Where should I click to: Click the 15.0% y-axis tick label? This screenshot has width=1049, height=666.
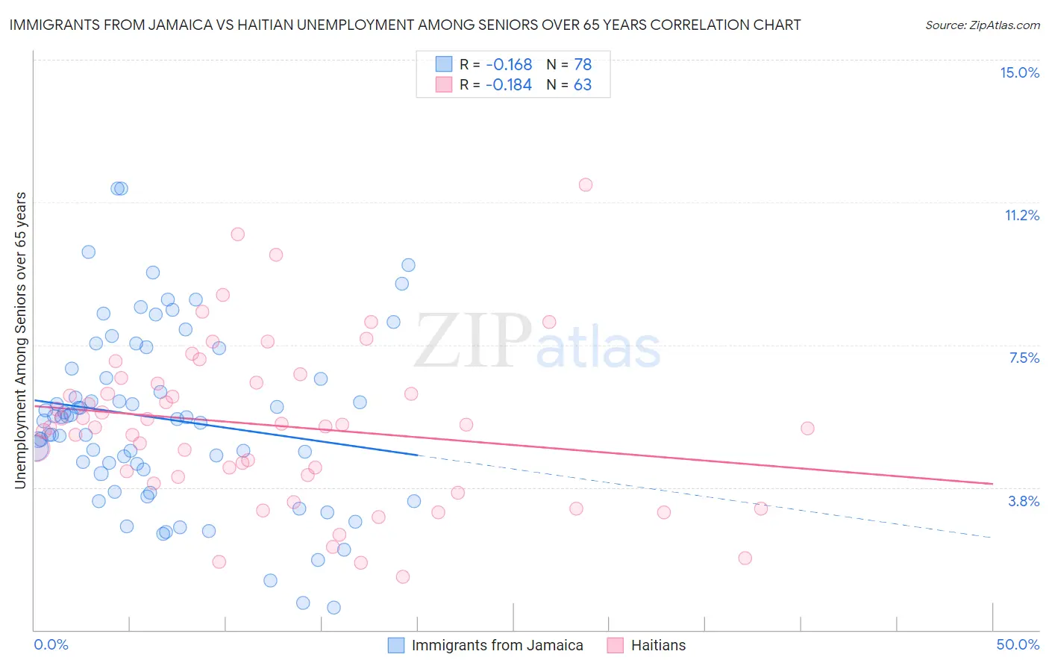[x=1019, y=72]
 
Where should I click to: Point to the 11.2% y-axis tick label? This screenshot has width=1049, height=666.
[x=1021, y=215]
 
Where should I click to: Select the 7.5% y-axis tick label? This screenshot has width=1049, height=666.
[x=1024, y=358]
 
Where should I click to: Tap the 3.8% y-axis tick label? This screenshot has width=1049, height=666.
[x=1024, y=501]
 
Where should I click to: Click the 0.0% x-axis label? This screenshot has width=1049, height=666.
[x=51, y=644]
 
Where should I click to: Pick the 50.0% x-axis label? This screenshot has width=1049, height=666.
[x=1018, y=644]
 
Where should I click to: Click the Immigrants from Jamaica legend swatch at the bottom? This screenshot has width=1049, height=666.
[x=396, y=645]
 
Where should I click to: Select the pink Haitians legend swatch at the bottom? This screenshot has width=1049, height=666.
[x=616, y=645]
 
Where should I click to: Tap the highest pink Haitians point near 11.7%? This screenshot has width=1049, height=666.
[x=586, y=184]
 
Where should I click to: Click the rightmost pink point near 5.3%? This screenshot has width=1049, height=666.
[x=807, y=428]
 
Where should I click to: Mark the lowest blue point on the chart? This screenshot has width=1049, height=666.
[x=334, y=608]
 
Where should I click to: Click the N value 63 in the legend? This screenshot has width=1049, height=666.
[x=583, y=85]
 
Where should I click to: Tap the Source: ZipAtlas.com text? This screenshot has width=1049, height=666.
[x=982, y=25]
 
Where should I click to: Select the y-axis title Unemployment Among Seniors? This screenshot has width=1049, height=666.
[x=20, y=340]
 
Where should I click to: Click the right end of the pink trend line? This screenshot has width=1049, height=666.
[x=992, y=484]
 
